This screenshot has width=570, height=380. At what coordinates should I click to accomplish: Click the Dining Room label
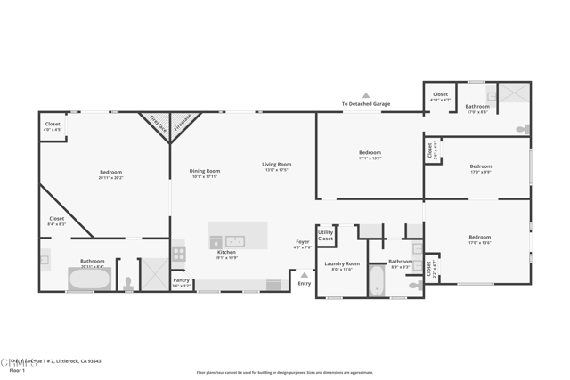(204, 171)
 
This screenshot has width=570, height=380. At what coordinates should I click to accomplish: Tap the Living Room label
(276, 165)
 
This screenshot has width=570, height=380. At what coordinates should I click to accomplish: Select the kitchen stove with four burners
(178, 253)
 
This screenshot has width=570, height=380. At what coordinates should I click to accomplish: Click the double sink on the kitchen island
(234, 241)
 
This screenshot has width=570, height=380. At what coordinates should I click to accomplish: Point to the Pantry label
(181, 280)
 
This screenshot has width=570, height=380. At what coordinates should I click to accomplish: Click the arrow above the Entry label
(305, 273)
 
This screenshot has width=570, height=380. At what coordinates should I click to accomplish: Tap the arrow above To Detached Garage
(365, 95)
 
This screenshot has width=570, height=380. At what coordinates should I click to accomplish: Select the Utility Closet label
(326, 235)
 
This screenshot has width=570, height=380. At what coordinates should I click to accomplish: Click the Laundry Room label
(342, 263)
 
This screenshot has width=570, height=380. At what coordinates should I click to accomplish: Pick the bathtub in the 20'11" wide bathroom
(90, 279)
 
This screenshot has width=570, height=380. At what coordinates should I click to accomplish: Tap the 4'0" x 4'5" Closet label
(53, 125)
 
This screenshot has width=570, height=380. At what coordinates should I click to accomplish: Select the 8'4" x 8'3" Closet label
(56, 219)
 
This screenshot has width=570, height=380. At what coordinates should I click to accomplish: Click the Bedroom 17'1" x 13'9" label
(370, 153)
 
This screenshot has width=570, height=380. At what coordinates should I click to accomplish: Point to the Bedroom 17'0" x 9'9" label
(480, 166)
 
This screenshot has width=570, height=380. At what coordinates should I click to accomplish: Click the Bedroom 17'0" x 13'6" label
(479, 238)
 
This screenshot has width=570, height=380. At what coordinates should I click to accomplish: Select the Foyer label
(303, 242)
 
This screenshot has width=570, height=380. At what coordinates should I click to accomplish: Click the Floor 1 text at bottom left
(17, 370)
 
